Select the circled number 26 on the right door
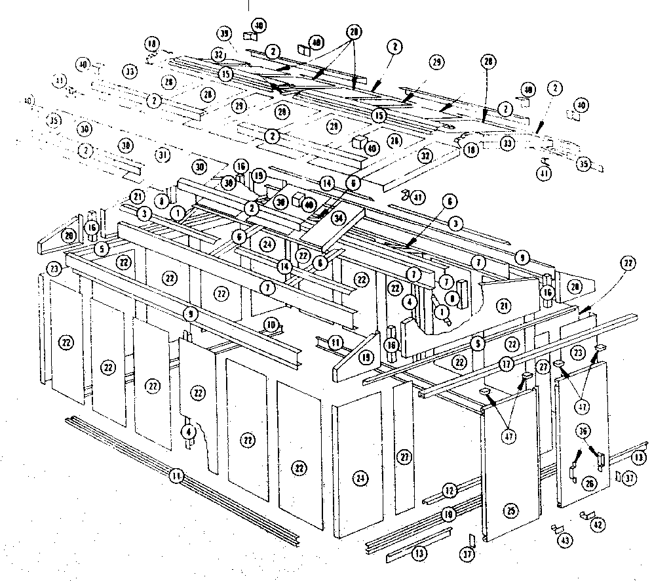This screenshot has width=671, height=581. (x=590, y=484)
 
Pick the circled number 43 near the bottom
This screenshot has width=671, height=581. (x=565, y=540)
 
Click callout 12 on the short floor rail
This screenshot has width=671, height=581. (x=449, y=490)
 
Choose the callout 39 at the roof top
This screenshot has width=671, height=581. (x=225, y=33)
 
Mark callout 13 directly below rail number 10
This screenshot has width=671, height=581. (x=419, y=553)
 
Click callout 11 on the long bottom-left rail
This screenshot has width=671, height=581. (x=176, y=477)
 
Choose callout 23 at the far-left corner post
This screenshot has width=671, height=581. (x=54, y=268)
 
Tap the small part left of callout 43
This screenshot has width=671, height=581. (x=556, y=528)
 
